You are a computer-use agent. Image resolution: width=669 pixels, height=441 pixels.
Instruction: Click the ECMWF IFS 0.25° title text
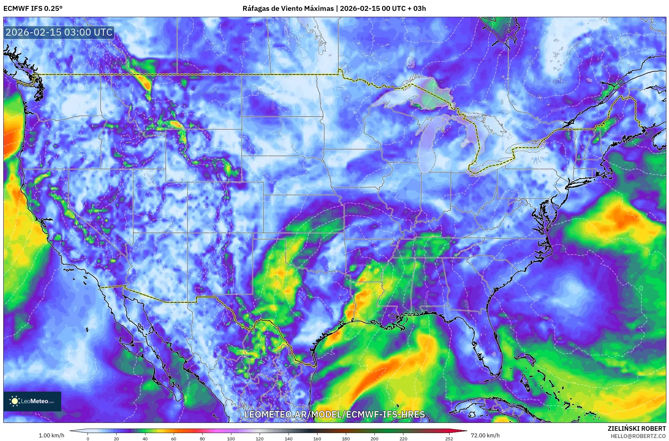33,8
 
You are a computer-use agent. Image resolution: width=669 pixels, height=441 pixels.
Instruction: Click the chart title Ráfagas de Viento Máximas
288,8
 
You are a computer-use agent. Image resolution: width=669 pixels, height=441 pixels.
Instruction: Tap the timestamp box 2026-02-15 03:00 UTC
59,32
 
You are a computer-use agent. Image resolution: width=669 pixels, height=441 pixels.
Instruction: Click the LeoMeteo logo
32,401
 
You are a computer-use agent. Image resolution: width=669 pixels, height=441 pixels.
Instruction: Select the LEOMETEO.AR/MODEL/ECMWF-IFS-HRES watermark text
334,414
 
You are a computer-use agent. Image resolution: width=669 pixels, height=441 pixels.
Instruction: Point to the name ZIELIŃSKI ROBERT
636,428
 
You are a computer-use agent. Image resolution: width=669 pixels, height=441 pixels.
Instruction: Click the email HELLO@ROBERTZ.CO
638,436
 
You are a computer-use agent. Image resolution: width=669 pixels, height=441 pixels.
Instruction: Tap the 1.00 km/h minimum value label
51,435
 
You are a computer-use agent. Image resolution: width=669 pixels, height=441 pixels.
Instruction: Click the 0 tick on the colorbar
88,438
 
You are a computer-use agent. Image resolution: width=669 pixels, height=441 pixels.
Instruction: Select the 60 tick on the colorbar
173,438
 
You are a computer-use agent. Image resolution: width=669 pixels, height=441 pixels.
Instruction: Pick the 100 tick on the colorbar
231,438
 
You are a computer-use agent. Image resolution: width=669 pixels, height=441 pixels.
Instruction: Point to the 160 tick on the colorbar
317,438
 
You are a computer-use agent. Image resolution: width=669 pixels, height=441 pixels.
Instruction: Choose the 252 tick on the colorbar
449,438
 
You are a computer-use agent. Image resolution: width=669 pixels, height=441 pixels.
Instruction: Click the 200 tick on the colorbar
374,438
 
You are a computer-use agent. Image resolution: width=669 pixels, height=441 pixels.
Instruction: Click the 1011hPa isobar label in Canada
427,41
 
